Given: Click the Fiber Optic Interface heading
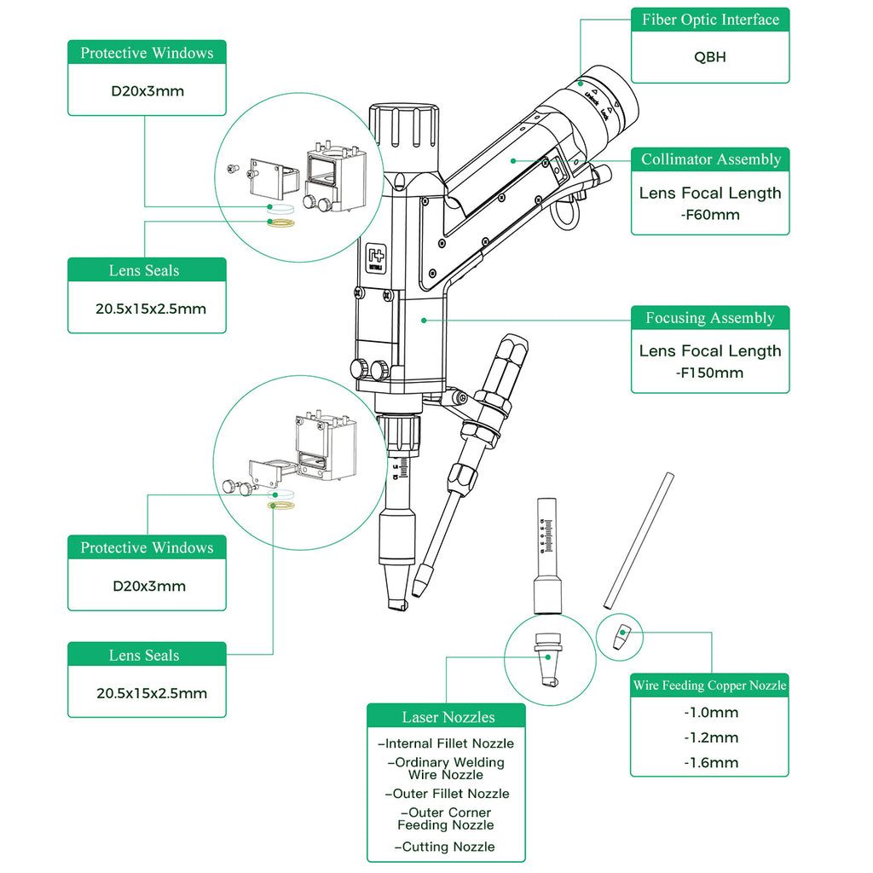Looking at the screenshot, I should (x=710, y=20).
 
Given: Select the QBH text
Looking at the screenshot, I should (x=710, y=59).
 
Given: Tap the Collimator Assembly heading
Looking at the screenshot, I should (x=710, y=159).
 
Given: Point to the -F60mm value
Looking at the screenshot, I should (x=710, y=215).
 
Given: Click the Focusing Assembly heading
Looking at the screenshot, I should (x=710, y=318).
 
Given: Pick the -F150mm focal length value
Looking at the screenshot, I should (x=710, y=373).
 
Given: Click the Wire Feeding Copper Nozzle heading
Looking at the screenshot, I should (x=709, y=685).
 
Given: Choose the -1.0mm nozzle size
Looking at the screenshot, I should (x=710, y=713).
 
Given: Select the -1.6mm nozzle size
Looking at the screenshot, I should (x=710, y=763).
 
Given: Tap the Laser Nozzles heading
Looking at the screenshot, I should (x=448, y=717).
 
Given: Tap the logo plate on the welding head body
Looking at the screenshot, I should (x=376, y=258).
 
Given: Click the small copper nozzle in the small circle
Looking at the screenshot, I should (x=622, y=636).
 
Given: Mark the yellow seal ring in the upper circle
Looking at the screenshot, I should (x=281, y=223).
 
